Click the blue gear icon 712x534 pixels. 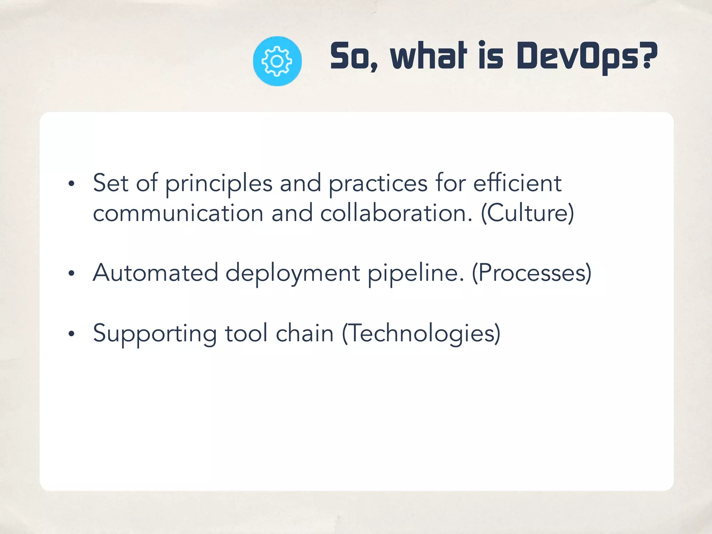[x=277, y=61]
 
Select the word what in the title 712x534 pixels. [x=428, y=56]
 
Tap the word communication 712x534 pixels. [x=178, y=213]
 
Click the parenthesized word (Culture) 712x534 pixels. [x=527, y=213]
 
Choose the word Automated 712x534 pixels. [x=155, y=273]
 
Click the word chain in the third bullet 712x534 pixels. [x=305, y=333]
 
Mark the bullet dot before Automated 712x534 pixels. [x=71, y=274]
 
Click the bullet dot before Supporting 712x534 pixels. [x=71, y=334]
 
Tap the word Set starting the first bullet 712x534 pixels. [x=111, y=183]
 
